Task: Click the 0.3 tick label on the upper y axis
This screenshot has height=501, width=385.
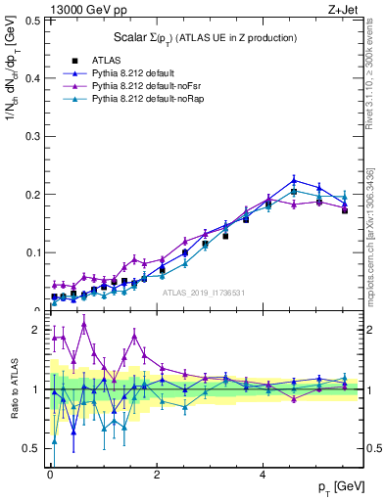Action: [x=32, y=136]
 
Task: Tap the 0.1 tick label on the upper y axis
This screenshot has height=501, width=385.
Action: [x=32, y=252]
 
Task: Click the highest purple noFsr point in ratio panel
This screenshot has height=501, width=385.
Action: [x=84, y=324]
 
